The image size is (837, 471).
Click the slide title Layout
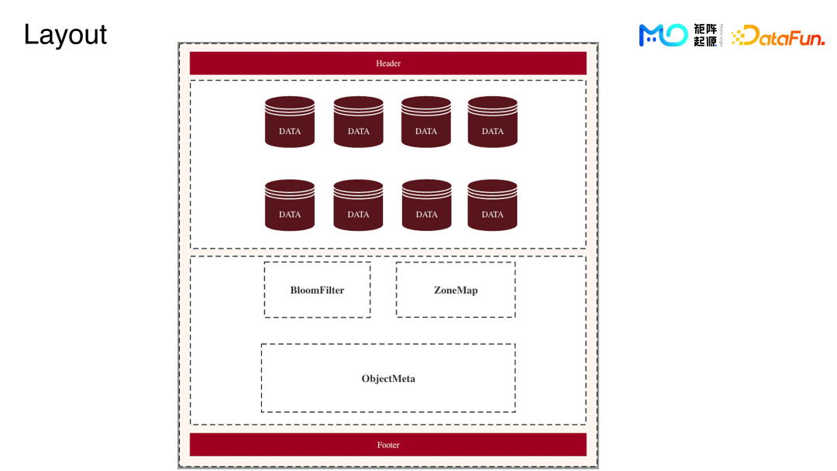65,35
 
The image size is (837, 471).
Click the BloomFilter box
317,290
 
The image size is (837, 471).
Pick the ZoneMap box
455,290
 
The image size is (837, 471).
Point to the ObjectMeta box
387,378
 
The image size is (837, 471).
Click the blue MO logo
663,35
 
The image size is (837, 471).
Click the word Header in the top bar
388,64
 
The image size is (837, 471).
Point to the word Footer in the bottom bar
388,445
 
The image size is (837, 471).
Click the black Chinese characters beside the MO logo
705,35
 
